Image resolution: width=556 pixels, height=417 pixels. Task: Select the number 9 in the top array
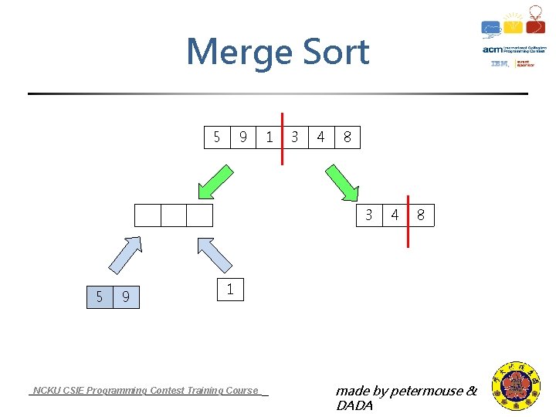[243, 137]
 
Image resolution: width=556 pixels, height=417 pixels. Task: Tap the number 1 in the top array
[269, 137]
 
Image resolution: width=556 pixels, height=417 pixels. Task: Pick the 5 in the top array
[217, 137]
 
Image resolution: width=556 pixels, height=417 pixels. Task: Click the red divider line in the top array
[283, 137]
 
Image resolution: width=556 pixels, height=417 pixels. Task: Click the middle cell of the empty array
[174, 215]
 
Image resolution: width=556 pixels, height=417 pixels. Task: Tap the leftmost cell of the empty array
[147, 215]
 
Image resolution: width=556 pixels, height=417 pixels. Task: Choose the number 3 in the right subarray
[369, 215]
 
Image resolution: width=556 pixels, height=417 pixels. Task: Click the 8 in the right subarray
[421, 215]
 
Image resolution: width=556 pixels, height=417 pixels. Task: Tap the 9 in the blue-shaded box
[126, 297]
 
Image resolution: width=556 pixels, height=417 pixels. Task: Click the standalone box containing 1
[230, 290]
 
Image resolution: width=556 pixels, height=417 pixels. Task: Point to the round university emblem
[517, 386]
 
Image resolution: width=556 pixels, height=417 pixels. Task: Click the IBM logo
[500, 64]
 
